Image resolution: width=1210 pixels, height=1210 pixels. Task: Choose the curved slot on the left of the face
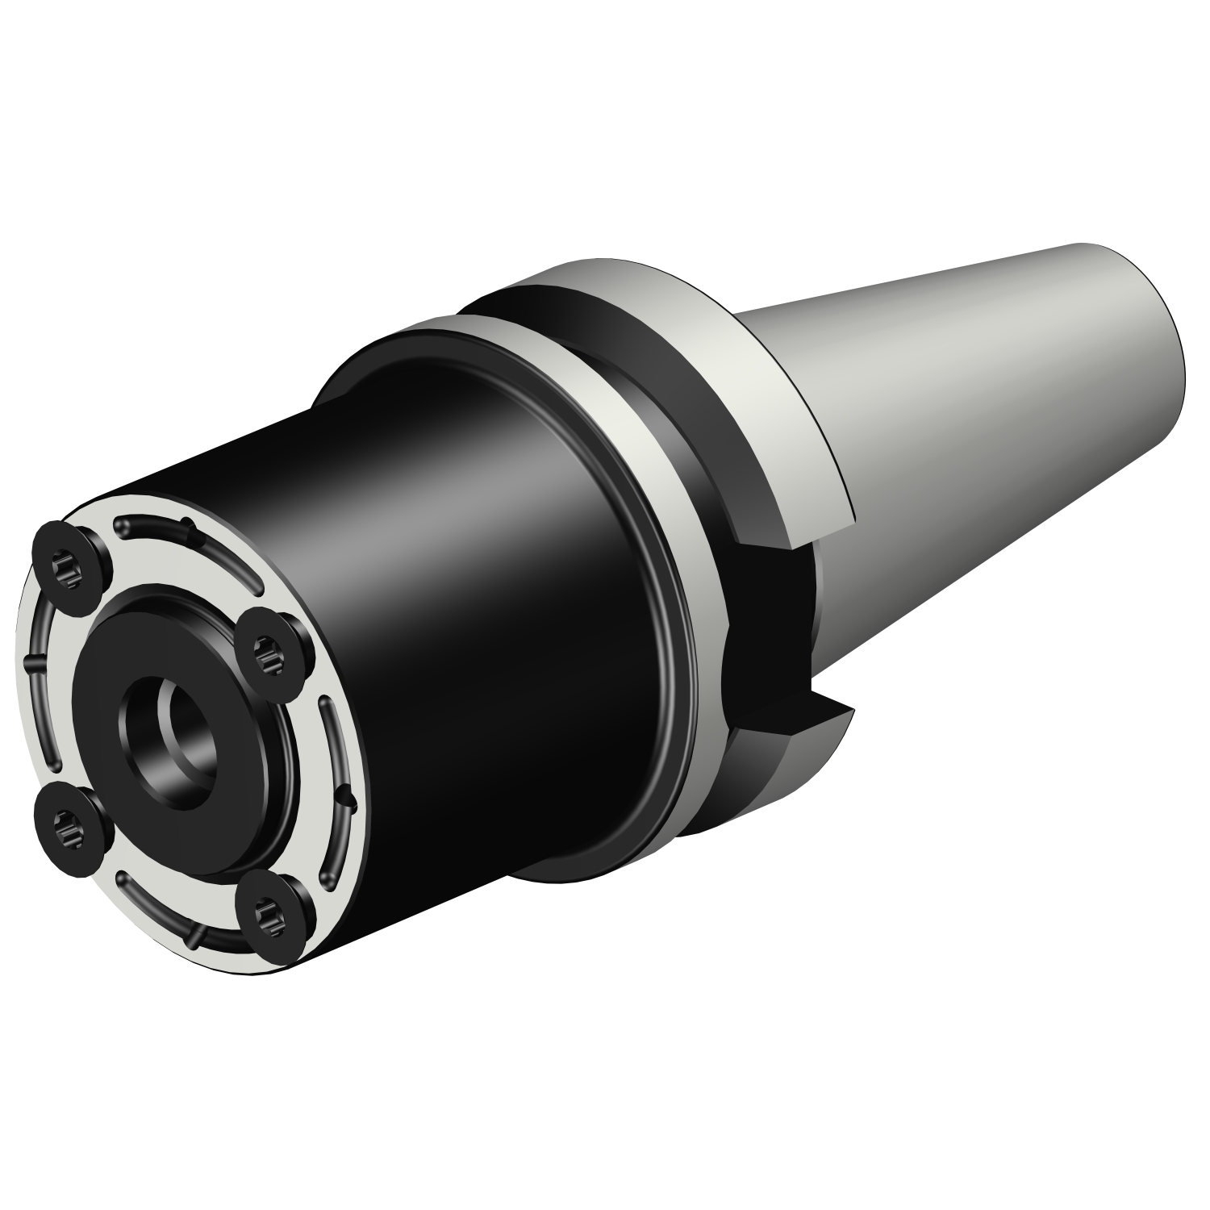point(32,686)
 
